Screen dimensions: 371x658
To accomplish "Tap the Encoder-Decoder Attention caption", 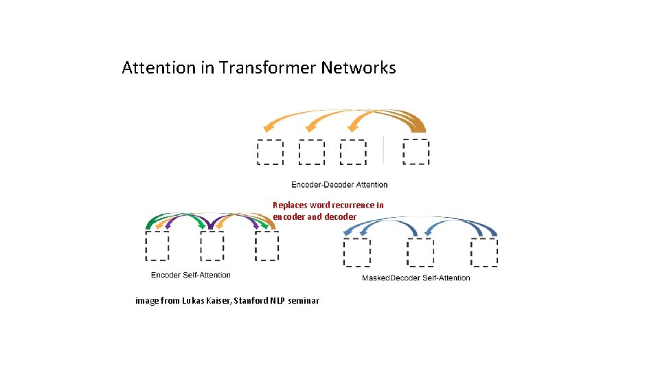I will (339, 184).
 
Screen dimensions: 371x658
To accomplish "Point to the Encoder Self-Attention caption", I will (191, 275).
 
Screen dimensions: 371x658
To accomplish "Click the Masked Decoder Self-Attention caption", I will (416, 278).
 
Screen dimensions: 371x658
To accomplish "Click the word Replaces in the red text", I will (290, 205).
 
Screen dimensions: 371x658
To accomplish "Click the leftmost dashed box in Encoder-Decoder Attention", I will (270, 152).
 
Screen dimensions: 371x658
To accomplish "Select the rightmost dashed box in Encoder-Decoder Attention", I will (416, 152).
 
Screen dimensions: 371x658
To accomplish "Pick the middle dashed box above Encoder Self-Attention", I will (212, 245).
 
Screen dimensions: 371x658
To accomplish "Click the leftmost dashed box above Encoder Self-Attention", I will (157, 245).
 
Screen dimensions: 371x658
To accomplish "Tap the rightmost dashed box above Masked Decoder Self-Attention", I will (484, 252).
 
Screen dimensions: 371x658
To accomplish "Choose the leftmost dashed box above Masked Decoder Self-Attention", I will (356, 252).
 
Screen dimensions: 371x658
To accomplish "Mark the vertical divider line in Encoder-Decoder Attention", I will (383, 150).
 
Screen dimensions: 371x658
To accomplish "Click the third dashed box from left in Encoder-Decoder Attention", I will (353, 152).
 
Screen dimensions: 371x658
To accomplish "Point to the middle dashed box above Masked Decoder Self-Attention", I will (420, 252).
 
